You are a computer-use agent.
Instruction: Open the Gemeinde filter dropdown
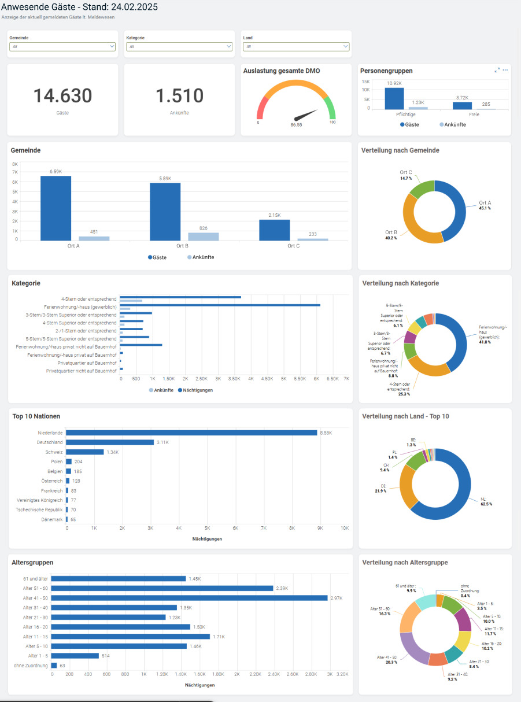[62, 47]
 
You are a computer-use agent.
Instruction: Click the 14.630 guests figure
[62, 96]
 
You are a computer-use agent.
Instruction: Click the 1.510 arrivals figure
[179, 96]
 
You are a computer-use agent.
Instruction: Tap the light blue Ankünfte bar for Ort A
[94, 238]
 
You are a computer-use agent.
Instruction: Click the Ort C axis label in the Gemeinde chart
[294, 246]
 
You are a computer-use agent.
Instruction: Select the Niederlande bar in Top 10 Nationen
[191, 433]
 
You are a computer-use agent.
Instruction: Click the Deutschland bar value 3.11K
[163, 442]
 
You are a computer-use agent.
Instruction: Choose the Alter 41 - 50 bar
[189, 598]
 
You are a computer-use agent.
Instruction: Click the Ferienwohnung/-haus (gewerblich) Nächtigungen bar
[220, 305]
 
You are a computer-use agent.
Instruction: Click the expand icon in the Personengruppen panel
[497, 70]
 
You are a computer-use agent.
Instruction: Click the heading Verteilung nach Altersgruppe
[404, 562]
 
